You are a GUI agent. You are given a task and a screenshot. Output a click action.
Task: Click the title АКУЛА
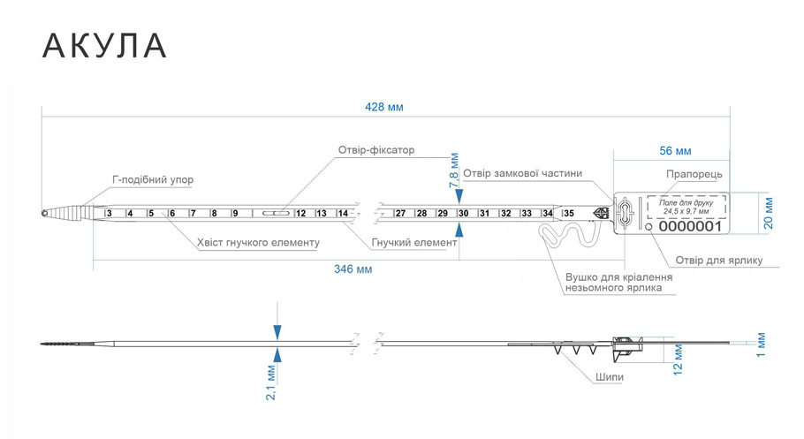104,46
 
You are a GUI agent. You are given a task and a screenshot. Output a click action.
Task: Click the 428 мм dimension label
384,107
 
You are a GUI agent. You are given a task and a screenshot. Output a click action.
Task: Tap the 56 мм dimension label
675,151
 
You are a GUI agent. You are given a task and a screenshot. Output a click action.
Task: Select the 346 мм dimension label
353,269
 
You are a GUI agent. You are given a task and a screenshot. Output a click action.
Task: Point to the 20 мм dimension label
768,213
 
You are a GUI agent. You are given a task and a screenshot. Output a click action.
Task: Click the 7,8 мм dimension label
454,170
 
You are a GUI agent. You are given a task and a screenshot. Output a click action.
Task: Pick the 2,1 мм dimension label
271,382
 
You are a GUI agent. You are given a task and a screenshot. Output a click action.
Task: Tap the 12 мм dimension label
678,360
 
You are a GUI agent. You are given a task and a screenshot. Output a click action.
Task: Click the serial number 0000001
690,226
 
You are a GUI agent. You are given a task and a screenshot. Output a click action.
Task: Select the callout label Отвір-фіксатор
375,150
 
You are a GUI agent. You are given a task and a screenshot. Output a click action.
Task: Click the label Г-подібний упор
153,180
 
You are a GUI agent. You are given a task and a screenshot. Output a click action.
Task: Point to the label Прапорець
694,174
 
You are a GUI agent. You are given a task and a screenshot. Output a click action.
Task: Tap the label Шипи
610,377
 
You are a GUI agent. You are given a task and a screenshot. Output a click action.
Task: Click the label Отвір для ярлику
719,261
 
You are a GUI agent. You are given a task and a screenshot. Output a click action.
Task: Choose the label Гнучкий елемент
413,243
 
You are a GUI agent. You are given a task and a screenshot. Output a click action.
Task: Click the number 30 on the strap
464,214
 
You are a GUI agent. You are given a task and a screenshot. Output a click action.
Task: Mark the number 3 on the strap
110,214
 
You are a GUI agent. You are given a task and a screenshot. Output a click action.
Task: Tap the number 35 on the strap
569,214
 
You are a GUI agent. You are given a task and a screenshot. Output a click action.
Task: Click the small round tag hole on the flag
649,227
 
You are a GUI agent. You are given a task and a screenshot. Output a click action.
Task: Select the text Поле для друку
686,203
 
